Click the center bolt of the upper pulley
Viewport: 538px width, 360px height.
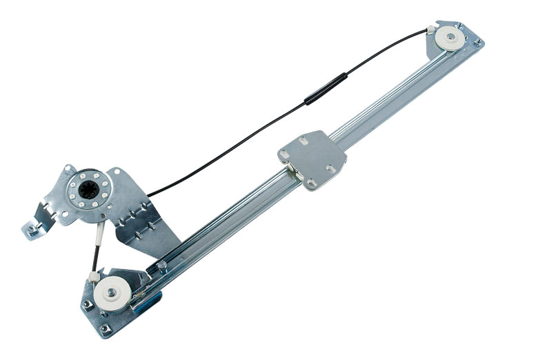[x=452, y=39]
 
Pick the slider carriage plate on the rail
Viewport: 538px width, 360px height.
[x=312, y=158]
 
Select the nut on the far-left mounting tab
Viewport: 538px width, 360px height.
[x=30, y=228]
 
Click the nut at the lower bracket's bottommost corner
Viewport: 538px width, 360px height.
[x=104, y=329]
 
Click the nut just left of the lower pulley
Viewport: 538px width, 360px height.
[x=86, y=303]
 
